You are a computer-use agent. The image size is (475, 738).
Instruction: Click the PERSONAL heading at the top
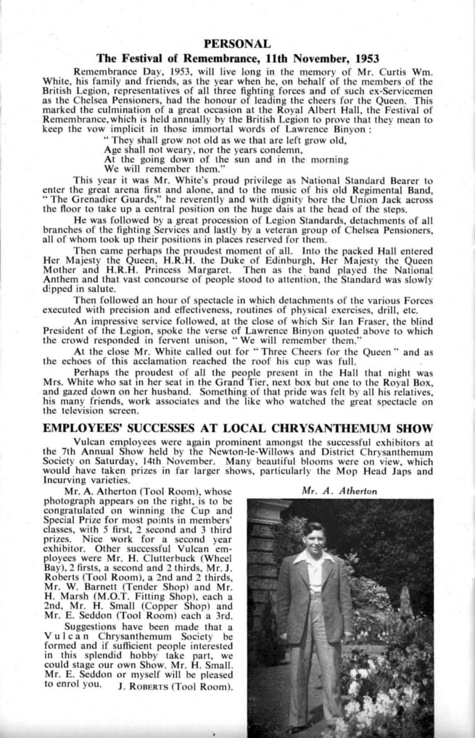click(x=237, y=43)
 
